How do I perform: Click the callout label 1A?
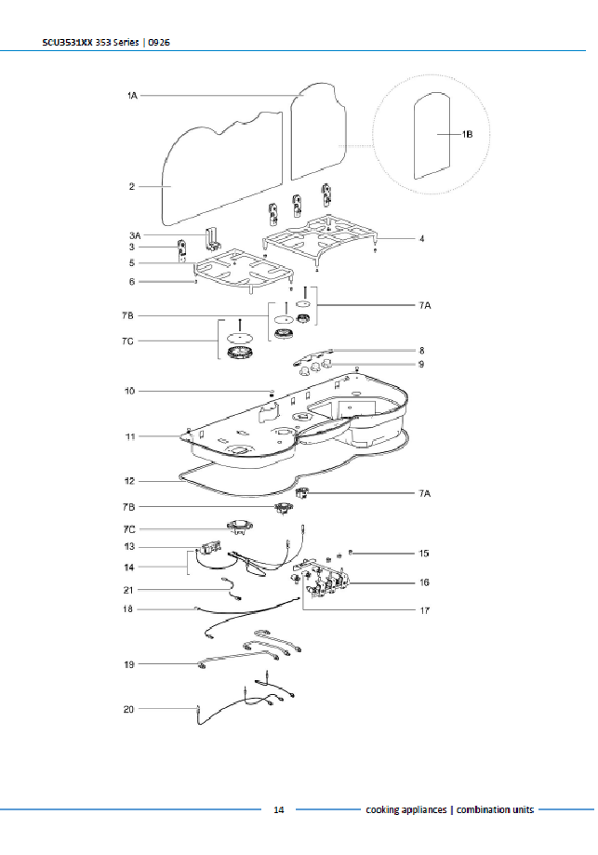coord(132,96)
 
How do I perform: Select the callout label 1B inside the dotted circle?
coord(467,134)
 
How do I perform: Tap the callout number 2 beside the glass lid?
coord(131,186)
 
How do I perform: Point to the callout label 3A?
coord(135,235)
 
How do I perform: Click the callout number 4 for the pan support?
coord(422,239)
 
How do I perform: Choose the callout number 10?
coord(129,391)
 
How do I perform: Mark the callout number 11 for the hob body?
coord(130,436)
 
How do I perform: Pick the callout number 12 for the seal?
coord(129,481)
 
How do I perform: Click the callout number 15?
coord(423,554)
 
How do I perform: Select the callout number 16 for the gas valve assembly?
coord(424,582)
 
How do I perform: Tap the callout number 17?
coord(424,610)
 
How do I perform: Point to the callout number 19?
coord(128,664)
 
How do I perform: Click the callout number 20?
coord(128,709)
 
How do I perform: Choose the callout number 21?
coord(128,590)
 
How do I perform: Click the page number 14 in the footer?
coord(279,809)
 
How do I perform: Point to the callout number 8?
coord(422,351)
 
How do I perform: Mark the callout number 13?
coord(129,546)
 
